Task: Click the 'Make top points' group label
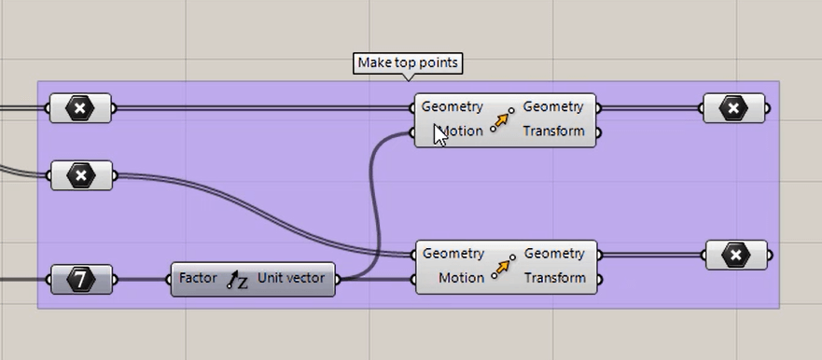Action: [408, 63]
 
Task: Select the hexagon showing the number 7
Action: [81, 279]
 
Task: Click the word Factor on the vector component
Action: [198, 278]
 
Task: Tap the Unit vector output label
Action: [291, 278]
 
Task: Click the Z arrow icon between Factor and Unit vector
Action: [237, 279]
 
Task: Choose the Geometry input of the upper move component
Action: [453, 107]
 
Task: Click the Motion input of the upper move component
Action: [459, 132]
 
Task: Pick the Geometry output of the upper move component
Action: [553, 107]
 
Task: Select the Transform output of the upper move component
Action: [553, 132]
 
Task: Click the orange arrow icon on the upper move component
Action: [503, 119]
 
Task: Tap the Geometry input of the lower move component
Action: [453, 254]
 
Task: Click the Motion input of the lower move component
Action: [461, 278]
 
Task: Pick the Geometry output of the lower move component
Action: [554, 254]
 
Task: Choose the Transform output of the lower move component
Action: [554, 278]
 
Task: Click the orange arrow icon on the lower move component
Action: [504, 266]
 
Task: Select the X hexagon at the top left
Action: [80, 108]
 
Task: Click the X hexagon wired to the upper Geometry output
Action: [734, 108]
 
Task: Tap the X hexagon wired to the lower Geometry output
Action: [737, 255]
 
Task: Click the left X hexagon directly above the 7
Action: [81, 174]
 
